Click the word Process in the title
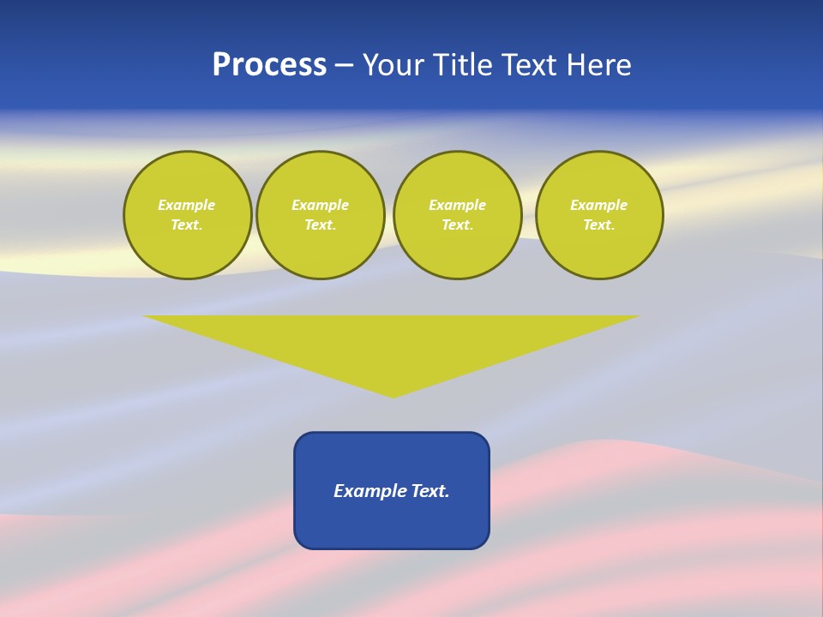tap(269, 65)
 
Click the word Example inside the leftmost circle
tap(187, 205)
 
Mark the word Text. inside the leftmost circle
tap(187, 225)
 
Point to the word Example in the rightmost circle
tap(599, 205)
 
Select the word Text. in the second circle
tap(321, 225)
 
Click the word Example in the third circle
tap(457, 205)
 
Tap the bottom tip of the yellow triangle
tap(393, 395)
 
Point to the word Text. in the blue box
tap(431, 491)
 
